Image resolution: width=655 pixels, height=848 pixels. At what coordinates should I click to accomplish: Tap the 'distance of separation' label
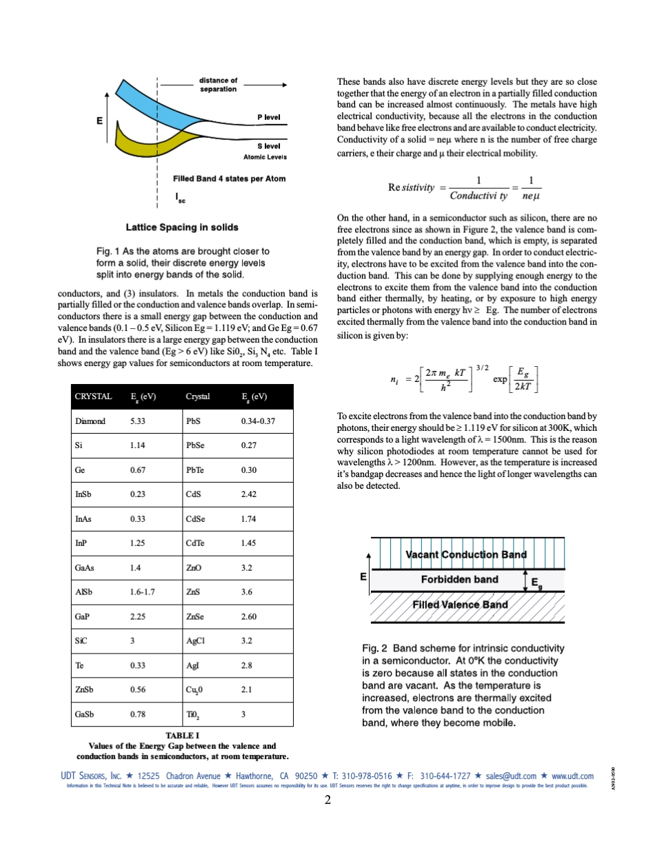coord(218,84)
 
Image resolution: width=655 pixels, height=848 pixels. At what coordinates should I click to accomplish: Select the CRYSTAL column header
coord(93,396)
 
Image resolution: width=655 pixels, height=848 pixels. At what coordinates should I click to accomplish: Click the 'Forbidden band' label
coord(459,579)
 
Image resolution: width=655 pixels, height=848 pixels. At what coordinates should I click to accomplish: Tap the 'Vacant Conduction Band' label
coord(466,554)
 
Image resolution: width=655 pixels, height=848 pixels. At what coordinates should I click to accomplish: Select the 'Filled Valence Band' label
coord(460,605)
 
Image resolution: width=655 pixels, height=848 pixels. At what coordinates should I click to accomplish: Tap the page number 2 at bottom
coord(328,800)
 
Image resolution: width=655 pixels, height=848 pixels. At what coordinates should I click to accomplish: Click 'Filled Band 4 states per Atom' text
coord(229,179)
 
